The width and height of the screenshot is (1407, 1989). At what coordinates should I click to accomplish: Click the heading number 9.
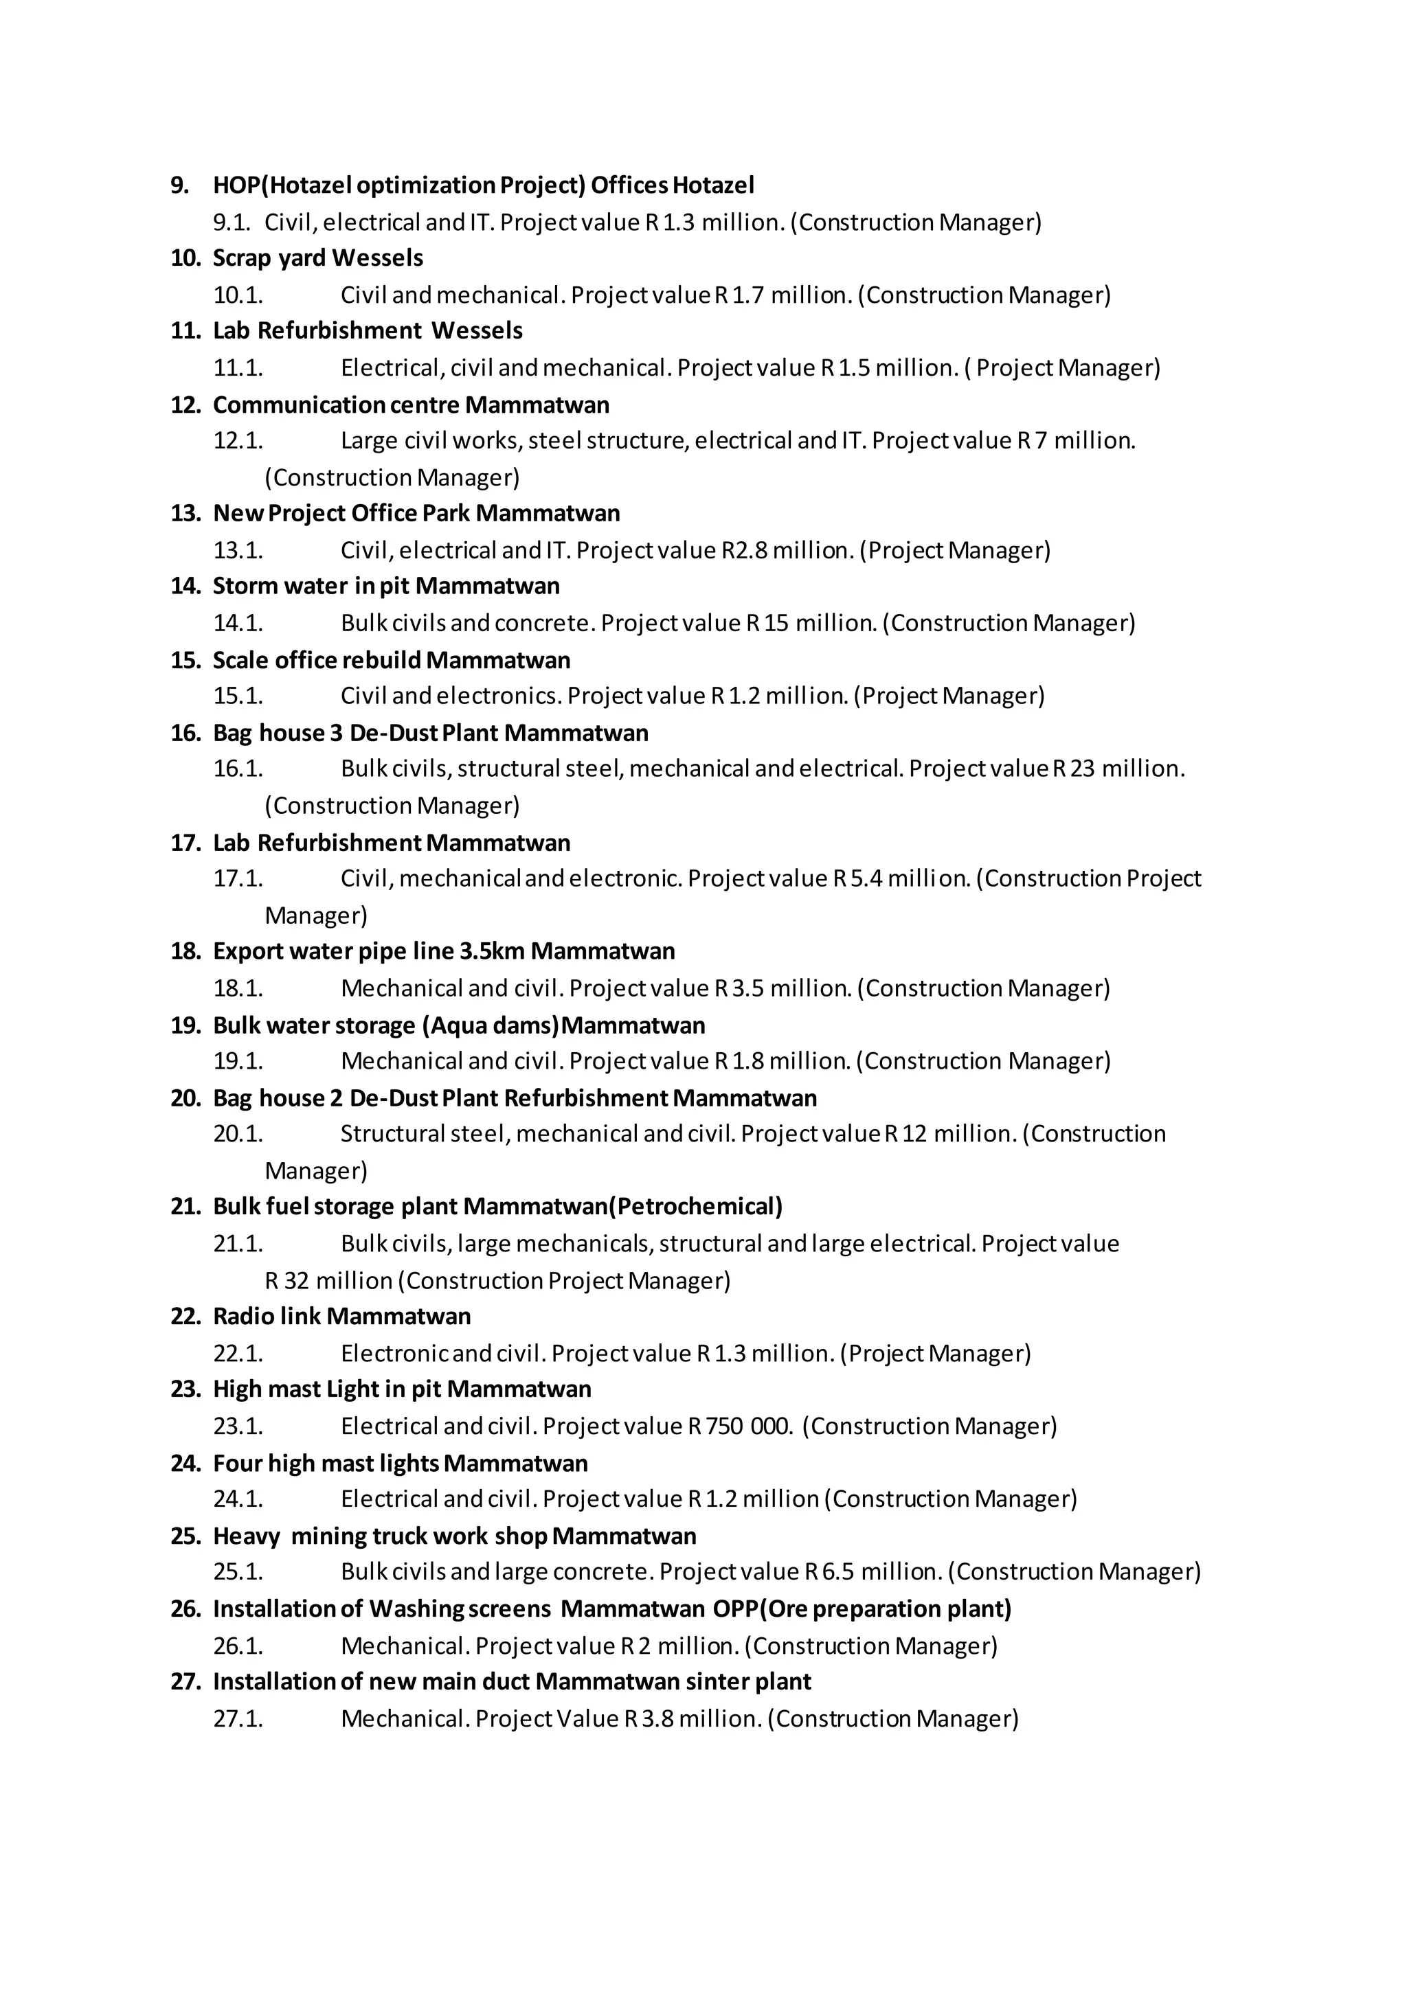coord(179,185)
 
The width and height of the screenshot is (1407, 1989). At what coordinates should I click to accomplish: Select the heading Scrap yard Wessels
coord(317,258)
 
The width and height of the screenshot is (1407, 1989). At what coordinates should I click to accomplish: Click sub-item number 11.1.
coord(238,368)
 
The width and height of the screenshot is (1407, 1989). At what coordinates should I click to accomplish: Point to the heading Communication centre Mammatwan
coord(411,405)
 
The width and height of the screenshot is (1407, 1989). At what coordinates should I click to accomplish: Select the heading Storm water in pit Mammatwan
coord(385,587)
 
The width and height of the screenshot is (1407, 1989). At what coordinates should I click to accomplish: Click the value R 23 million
coord(1118,769)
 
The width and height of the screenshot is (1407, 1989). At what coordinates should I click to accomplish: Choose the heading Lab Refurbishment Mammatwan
coord(392,843)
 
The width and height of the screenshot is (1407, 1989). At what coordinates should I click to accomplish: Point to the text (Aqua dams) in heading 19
coord(491,1025)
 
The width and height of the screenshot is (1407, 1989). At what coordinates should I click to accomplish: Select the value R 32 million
coord(328,1280)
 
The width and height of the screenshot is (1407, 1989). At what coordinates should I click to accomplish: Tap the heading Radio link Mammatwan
coord(341,1317)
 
